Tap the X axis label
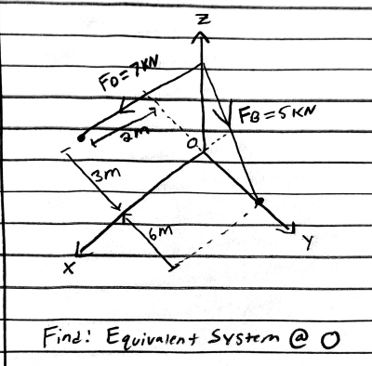[70, 268]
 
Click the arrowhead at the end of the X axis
[83, 250]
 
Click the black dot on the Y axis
[259, 201]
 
